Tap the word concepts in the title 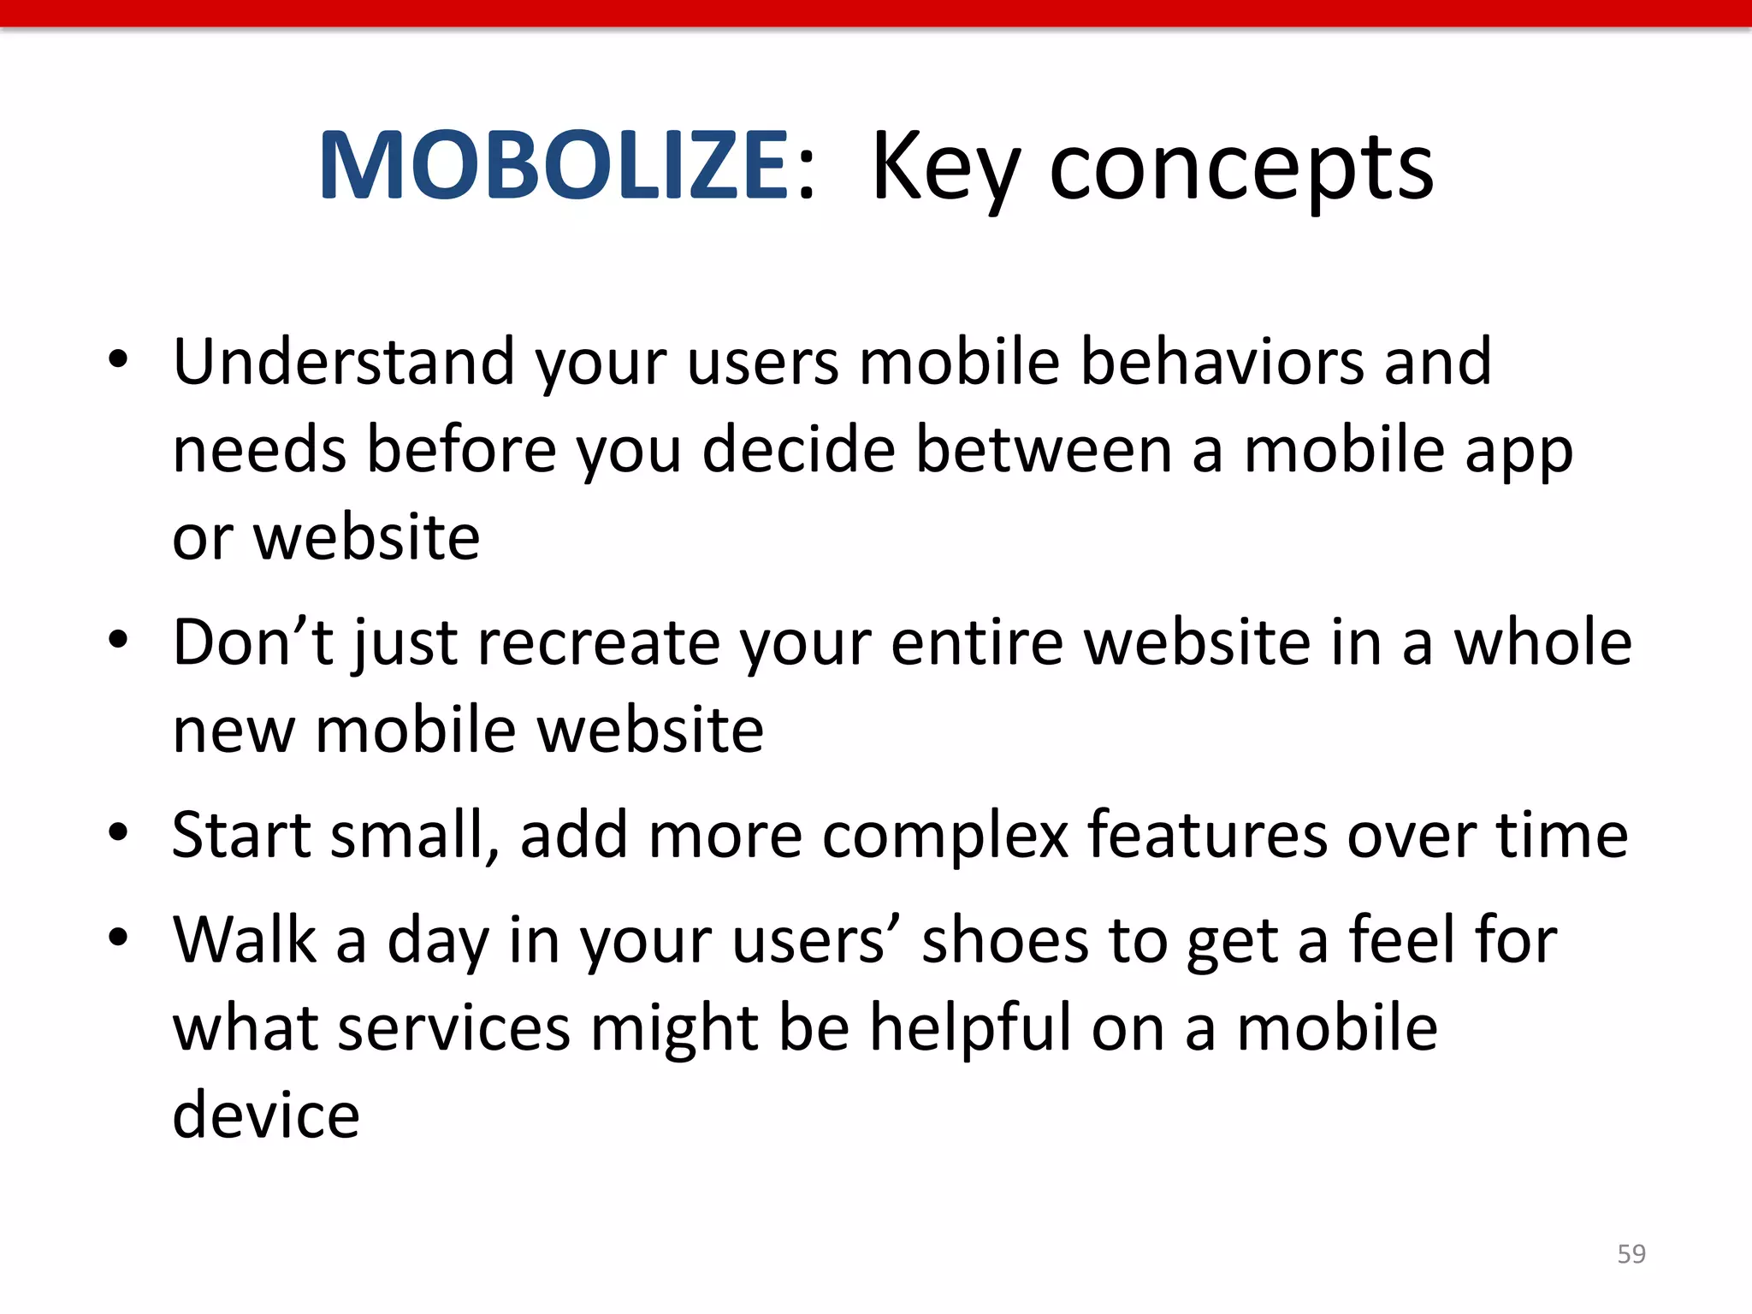coord(1241,171)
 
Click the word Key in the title coord(945,171)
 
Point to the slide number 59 coord(1631,1254)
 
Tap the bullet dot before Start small coord(118,832)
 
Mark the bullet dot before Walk coord(118,938)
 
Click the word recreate coord(599,642)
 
